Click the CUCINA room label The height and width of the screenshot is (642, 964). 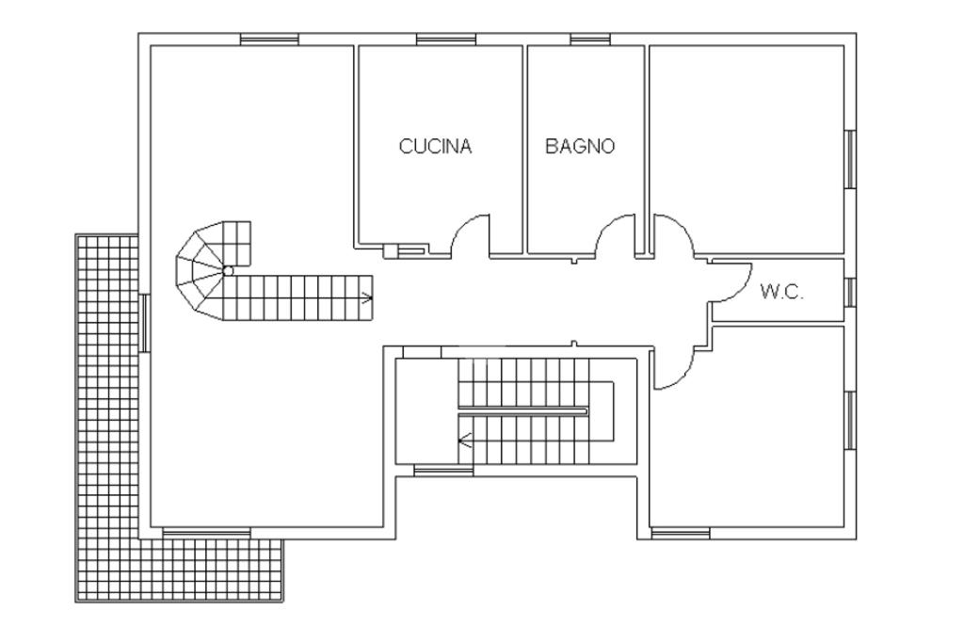[435, 146]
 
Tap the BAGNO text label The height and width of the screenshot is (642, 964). [580, 146]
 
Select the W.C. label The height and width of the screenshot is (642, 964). [781, 292]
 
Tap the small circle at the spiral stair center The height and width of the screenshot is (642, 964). [228, 270]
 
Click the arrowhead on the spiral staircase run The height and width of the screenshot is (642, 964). [368, 298]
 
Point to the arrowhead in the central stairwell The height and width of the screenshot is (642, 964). [464, 441]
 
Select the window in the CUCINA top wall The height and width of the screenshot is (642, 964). [445, 40]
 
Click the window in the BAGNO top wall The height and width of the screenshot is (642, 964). [590, 40]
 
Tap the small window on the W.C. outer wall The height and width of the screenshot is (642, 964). [850, 292]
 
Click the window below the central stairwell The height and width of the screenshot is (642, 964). [443, 471]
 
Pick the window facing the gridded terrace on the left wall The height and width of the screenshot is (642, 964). [144, 323]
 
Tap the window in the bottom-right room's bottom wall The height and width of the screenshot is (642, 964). [680, 533]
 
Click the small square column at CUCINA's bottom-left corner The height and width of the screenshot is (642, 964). [391, 250]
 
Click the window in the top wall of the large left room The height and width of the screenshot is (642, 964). [269, 40]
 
